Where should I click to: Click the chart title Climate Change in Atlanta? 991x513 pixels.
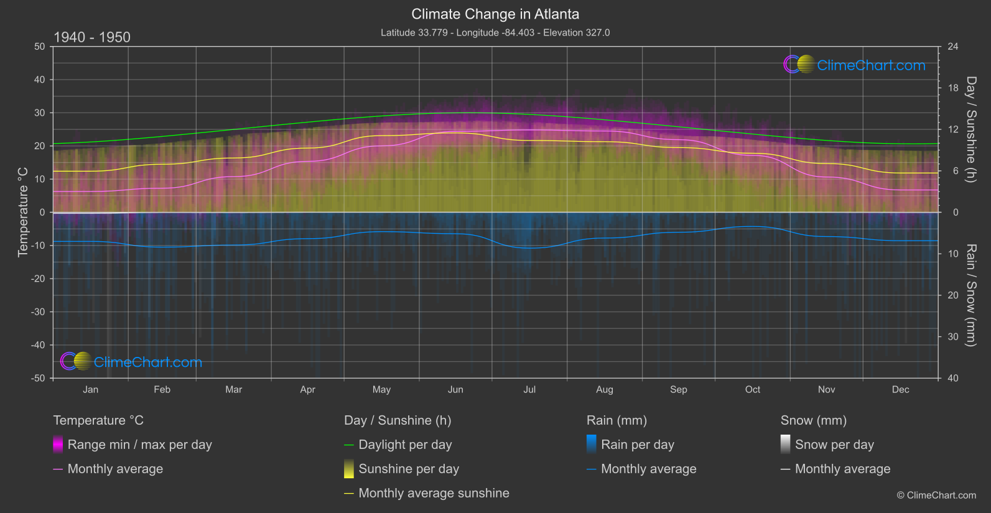[x=495, y=14]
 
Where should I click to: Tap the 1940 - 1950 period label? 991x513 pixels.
[x=92, y=37]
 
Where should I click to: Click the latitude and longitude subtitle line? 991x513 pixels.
[x=495, y=32]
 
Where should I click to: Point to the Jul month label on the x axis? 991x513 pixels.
[x=529, y=389]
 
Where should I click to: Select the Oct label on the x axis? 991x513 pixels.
[x=753, y=389]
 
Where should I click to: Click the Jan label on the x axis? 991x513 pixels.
[x=91, y=389]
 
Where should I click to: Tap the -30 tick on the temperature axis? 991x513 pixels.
[x=39, y=312]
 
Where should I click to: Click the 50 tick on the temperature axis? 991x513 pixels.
[x=40, y=47]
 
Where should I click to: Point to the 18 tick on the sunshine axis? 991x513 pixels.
[x=953, y=88]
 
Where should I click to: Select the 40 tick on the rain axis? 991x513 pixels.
[x=953, y=378]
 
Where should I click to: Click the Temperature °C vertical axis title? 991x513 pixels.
[x=23, y=212]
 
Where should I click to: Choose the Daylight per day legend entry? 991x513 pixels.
[x=405, y=445]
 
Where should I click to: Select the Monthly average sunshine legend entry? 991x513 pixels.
[x=434, y=493]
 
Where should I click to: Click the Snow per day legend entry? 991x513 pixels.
[x=834, y=445]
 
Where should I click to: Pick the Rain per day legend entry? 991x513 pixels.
[x=637, y=445]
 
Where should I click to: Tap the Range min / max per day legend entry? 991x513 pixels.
[x=139, y=445]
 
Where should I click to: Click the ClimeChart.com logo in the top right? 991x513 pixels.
[x=855, y=65]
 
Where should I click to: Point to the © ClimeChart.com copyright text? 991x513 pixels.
[x=936, y=496]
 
